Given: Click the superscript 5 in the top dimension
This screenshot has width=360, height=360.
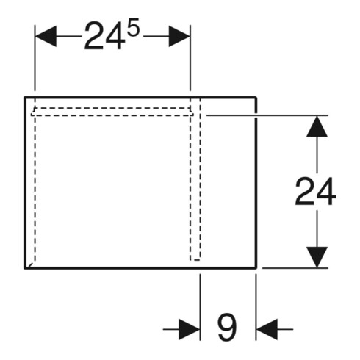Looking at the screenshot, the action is click(133, 27).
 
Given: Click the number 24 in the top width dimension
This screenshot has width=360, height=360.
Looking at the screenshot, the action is click(104, 36).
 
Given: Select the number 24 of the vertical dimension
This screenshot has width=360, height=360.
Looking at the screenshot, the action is click(315, 192).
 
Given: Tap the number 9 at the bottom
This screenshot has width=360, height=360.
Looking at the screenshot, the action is click(227, 327).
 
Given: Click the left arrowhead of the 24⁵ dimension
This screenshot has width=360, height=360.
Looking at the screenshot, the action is click(46, 36).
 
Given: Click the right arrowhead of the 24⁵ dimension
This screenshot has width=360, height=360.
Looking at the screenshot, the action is click(179, 36).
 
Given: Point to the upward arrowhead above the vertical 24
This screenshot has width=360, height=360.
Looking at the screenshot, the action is click(317, 126).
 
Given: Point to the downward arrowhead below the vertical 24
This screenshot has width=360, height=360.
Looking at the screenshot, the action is click(317, 257).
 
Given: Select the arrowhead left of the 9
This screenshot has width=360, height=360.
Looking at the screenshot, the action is click(190, 329).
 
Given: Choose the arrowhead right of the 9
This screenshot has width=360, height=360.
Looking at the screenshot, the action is click(267, 329).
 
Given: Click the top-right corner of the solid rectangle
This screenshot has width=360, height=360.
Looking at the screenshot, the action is click(256, 98).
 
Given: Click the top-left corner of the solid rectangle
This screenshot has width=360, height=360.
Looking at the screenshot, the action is click(25, 98).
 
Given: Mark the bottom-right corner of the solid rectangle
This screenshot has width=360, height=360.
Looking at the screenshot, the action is click(256, 268).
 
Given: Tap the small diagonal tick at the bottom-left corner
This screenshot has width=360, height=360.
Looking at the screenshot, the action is click(30, 265).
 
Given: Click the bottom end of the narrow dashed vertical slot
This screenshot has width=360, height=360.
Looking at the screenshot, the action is click(195, 260).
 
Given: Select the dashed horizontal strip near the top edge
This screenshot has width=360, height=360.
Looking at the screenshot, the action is click(112, 112).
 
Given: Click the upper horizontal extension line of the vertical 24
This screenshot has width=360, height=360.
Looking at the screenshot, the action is click(267, 115).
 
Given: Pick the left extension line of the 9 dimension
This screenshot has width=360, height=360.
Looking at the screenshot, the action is click(200, 307).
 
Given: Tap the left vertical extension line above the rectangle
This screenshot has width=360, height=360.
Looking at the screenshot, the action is click(35, 58).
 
